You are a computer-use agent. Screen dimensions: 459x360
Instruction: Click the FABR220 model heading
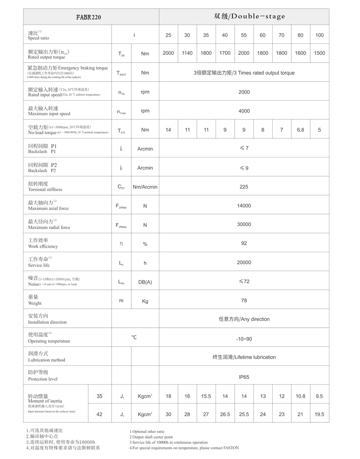(x=89, y=17)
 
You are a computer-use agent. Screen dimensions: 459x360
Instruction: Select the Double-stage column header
(x=250, y=16)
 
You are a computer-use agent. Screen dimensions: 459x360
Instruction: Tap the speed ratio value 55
(x=244, y=35)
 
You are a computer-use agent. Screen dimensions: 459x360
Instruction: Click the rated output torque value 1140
(x=187, y=53)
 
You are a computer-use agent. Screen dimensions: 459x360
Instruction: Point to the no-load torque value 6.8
(x=300, y=130)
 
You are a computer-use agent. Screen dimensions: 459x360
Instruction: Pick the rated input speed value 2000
(x=244, y=92)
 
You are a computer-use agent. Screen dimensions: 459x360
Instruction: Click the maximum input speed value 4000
(x=244, y=111)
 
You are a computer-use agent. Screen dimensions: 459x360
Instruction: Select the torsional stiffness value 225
(x=244, y=187)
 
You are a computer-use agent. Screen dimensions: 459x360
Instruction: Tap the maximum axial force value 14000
(x=244, y=206)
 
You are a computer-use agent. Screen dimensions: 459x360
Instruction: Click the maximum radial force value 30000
(x=244, y=225)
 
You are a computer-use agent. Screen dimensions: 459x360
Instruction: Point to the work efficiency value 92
(x=244, y=243)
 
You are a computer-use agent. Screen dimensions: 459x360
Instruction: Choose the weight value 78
(x=244, y=301)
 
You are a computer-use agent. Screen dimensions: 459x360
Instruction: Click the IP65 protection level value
(x=244, y=377)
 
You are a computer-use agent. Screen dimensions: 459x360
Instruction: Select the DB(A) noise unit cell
(x=145, y=282)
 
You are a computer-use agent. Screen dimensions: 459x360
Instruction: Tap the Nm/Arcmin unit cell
(x=145, y=187)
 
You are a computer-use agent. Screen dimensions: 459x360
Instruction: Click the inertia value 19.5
(x=320, y=414)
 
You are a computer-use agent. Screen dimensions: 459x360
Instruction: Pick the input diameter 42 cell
(x=100, y=414)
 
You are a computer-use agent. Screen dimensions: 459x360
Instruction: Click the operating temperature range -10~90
(x=244, y=339)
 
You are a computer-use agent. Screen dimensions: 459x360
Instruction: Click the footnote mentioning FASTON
(x=184, y=448)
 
